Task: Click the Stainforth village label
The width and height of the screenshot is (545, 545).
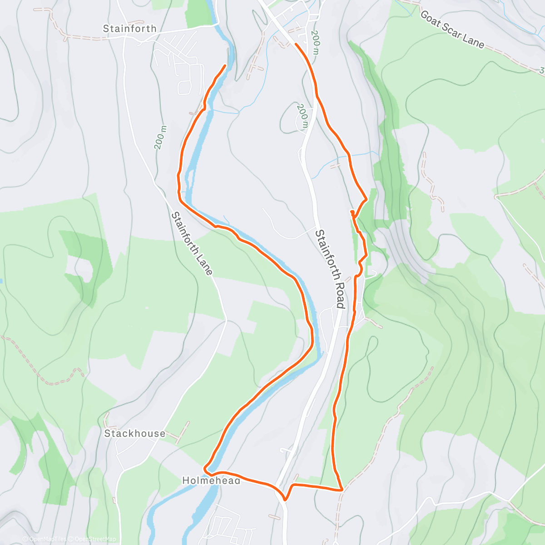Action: (129, 29)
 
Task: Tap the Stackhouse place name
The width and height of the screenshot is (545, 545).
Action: (135, 433)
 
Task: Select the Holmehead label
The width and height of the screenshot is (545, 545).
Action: (211, 480)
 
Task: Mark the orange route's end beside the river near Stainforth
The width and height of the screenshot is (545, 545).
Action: (225, 66)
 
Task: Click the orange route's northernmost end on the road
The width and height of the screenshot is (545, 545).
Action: (296, 44)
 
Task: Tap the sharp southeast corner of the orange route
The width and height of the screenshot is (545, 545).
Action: (342, 490)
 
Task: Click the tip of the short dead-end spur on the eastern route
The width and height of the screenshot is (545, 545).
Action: (352, 212)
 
